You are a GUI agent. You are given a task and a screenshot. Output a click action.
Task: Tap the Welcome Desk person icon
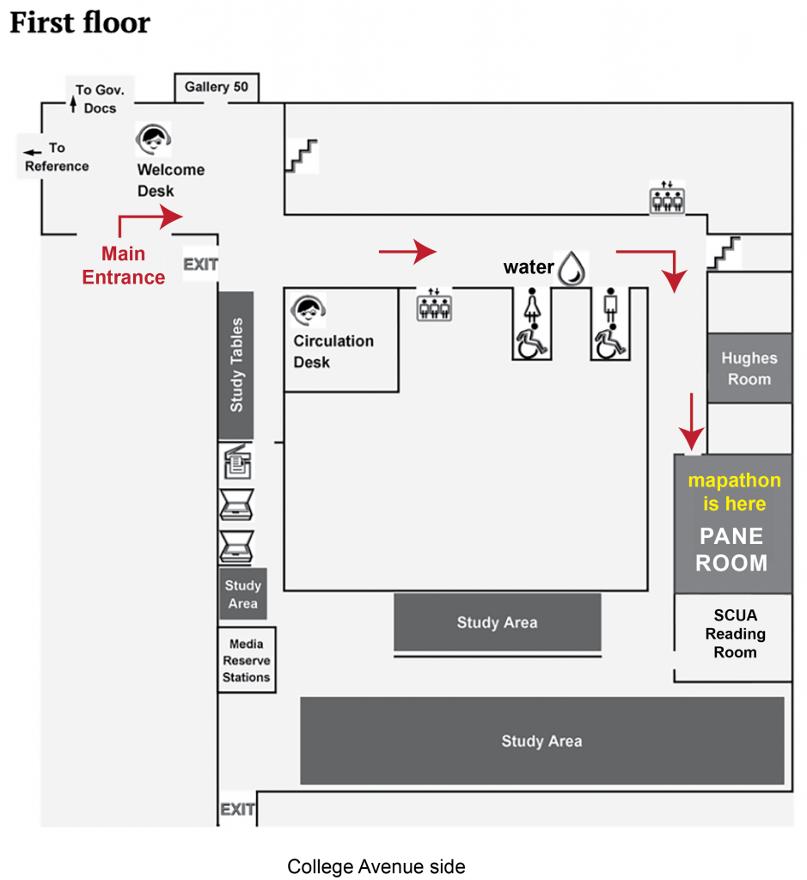154,138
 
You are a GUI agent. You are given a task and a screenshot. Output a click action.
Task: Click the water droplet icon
571,267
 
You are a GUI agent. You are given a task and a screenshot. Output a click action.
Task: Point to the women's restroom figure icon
531,307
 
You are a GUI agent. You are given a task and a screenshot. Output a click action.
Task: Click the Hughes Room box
749,368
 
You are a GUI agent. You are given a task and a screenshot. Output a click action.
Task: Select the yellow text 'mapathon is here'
734,492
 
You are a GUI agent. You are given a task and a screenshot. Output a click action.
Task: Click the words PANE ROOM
731,550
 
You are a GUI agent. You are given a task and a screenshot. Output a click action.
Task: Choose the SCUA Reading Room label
735,634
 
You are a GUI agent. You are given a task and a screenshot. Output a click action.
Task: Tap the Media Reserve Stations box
247,660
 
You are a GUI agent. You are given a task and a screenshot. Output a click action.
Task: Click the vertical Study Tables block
236,364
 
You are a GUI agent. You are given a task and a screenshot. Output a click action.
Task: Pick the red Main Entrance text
124,266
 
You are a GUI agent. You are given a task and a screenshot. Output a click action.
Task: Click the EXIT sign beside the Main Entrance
200,264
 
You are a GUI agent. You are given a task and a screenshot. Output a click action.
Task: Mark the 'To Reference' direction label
55,157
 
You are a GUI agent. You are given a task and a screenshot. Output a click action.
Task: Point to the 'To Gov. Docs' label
99,98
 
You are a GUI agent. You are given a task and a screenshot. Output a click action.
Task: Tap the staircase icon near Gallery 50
301,156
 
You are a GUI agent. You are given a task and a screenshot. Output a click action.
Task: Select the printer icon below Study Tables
237,463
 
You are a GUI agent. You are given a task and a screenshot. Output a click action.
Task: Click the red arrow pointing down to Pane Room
692,421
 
